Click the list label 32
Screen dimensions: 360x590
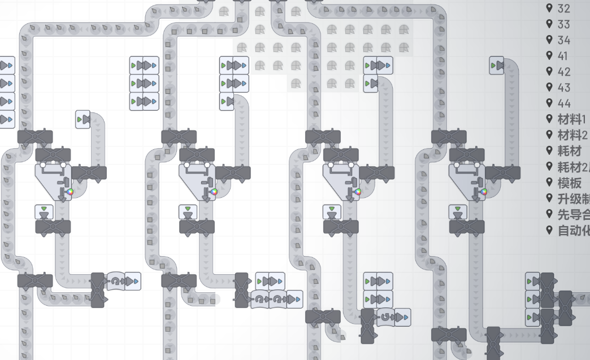pyautogui.click(x=563, y=8)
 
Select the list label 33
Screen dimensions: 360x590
pyautogui.click(x=563, y=24)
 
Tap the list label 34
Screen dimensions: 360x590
pyautogui.click(x=563, y=40)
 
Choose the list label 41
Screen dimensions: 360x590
pyautogui.click(x=563, y=56)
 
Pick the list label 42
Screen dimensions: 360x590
pyautogui.click(x=563, y=72)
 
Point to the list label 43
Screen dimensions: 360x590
pyautogui.click(x=563, y=88)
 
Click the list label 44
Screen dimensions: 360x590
pyautogui.click(x=563, y=103)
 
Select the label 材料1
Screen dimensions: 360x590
pyautogui.click(x=572, y=119)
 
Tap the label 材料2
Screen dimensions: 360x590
pyautogui.click(x=572, y=135)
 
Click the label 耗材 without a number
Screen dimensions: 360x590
pyautogui.click(x=569, y=151)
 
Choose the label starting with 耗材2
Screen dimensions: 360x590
pyautogui.click(x=573, y=167)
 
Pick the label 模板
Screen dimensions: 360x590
pyautogui.click(x=569, y=183)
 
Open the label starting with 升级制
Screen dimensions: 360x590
pyautogui.click(x=573, y=198)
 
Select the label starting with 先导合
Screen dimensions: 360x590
pyautogui.click(x=573, y=214)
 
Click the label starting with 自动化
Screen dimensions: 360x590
pyautogui.click(x=573, y=230)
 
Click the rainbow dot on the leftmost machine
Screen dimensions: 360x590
pyautogui.click(x=71, y=192)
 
